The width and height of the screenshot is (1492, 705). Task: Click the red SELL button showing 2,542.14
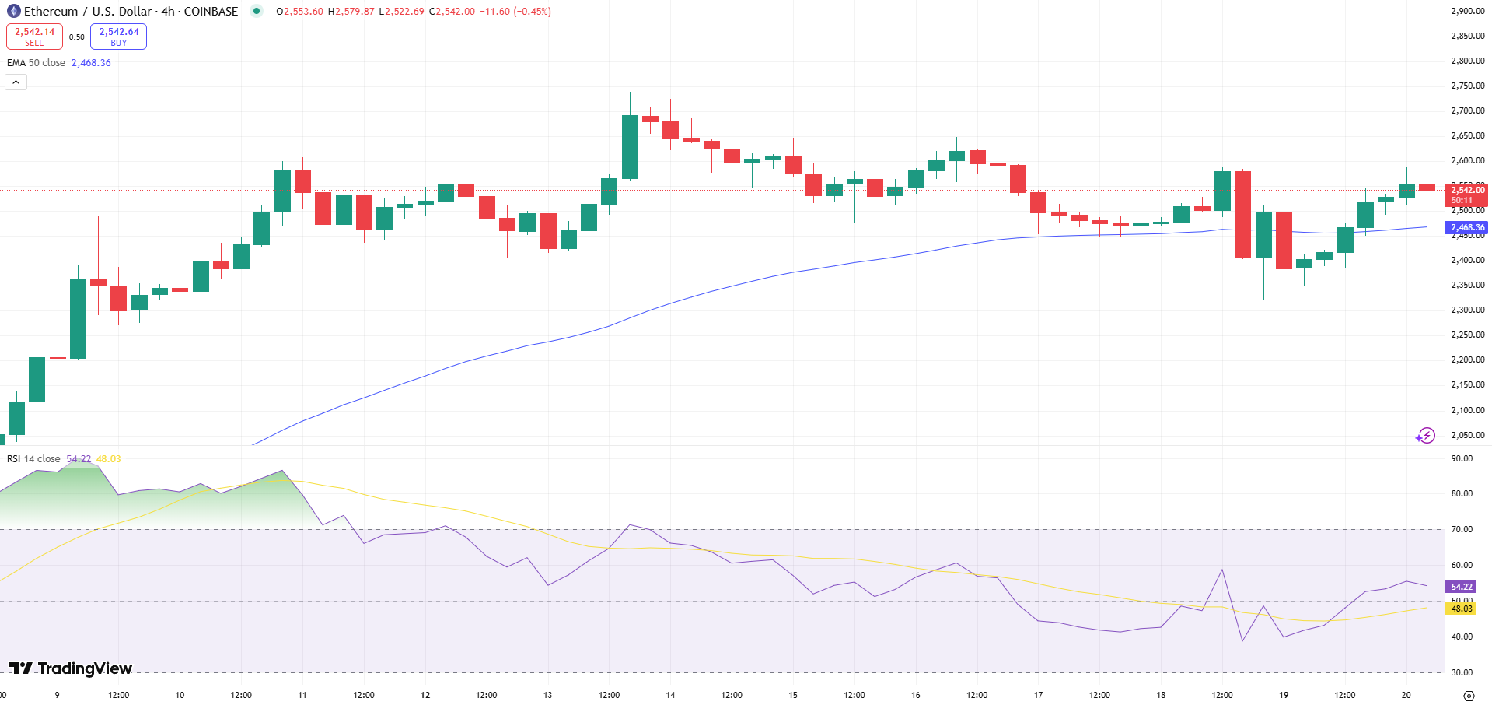point(34,37)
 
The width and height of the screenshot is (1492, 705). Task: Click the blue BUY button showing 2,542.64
point(118,37)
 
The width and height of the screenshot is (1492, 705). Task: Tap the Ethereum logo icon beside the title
point(13,12)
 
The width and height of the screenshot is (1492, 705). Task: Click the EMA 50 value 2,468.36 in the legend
point(91,63)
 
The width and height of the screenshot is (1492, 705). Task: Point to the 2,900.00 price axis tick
point(1467,12)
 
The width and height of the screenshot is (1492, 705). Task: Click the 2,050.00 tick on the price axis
point(1467,435)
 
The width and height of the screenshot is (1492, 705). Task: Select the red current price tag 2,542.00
point(1467,191)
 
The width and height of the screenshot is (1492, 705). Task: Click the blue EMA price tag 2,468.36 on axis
point(1467,228)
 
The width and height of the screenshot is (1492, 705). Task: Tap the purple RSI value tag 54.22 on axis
point(1461,587)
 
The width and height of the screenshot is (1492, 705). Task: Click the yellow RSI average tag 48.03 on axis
point(1461,609)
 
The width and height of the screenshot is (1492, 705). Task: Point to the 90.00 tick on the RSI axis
point(1461,459)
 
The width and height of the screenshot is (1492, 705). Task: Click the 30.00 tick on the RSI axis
point(1461,672)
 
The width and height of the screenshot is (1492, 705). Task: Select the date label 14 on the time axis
point(670,695)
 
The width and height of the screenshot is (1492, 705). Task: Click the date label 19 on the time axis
point(1284,695)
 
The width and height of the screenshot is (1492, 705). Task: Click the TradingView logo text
point(72,668)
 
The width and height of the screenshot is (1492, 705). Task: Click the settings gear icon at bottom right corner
point(1468,695)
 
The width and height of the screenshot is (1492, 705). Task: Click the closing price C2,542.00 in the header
point(452,12)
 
